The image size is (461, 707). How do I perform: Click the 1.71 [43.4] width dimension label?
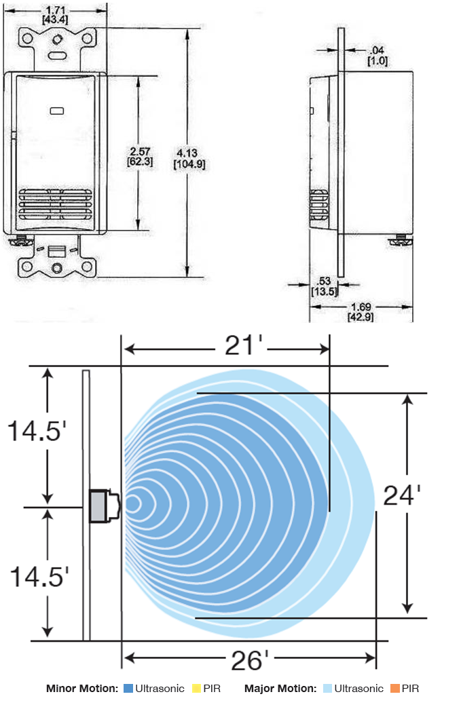click(56, 15)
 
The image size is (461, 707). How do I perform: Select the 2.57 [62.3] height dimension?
click(140, 156)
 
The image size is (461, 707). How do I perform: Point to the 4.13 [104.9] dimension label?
click(189, 159)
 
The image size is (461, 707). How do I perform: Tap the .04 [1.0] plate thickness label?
click(377, 56)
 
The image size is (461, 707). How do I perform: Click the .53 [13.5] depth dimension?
click(325, 286)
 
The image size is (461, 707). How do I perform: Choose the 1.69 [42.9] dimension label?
click(361, 311)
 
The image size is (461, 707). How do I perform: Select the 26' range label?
click(249, 661)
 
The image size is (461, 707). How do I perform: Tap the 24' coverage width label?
click(402, 495)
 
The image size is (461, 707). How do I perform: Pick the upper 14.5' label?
click(37, 431)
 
